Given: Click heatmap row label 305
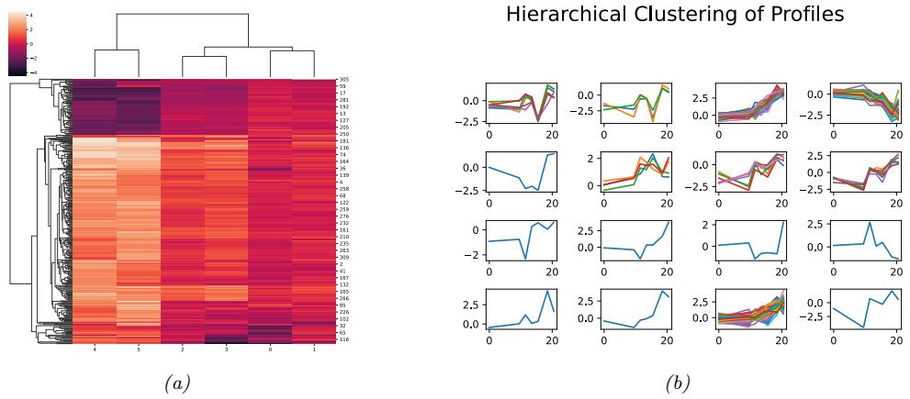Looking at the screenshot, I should pyautogui.click(x=343, y=80).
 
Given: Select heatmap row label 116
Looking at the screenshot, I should pyautogui.click(x=343, y=339).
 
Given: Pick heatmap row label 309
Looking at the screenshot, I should pyautogui.click(x=343, y=257).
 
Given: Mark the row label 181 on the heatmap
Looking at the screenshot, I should pyautogui.click(x=343, y=142).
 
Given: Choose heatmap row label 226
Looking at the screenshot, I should pyautogui.click(x=343, y=312).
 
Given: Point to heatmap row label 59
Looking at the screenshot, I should pyautogui.click(x=343, y=87).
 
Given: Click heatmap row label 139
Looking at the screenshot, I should pyautogui.click(x=343, y=174).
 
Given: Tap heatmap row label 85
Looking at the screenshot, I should pyautogui.click(x=343, y=305).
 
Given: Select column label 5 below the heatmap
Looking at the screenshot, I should pyautogui.click(x=138, y=349).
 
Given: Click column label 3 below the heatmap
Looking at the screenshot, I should pyautogui.click(x=226, y=349).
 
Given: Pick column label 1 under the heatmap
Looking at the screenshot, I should pyautogui.click(x=314, y=349).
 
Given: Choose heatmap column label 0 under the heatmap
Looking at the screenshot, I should pyautogui.click(x=270, y=349).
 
